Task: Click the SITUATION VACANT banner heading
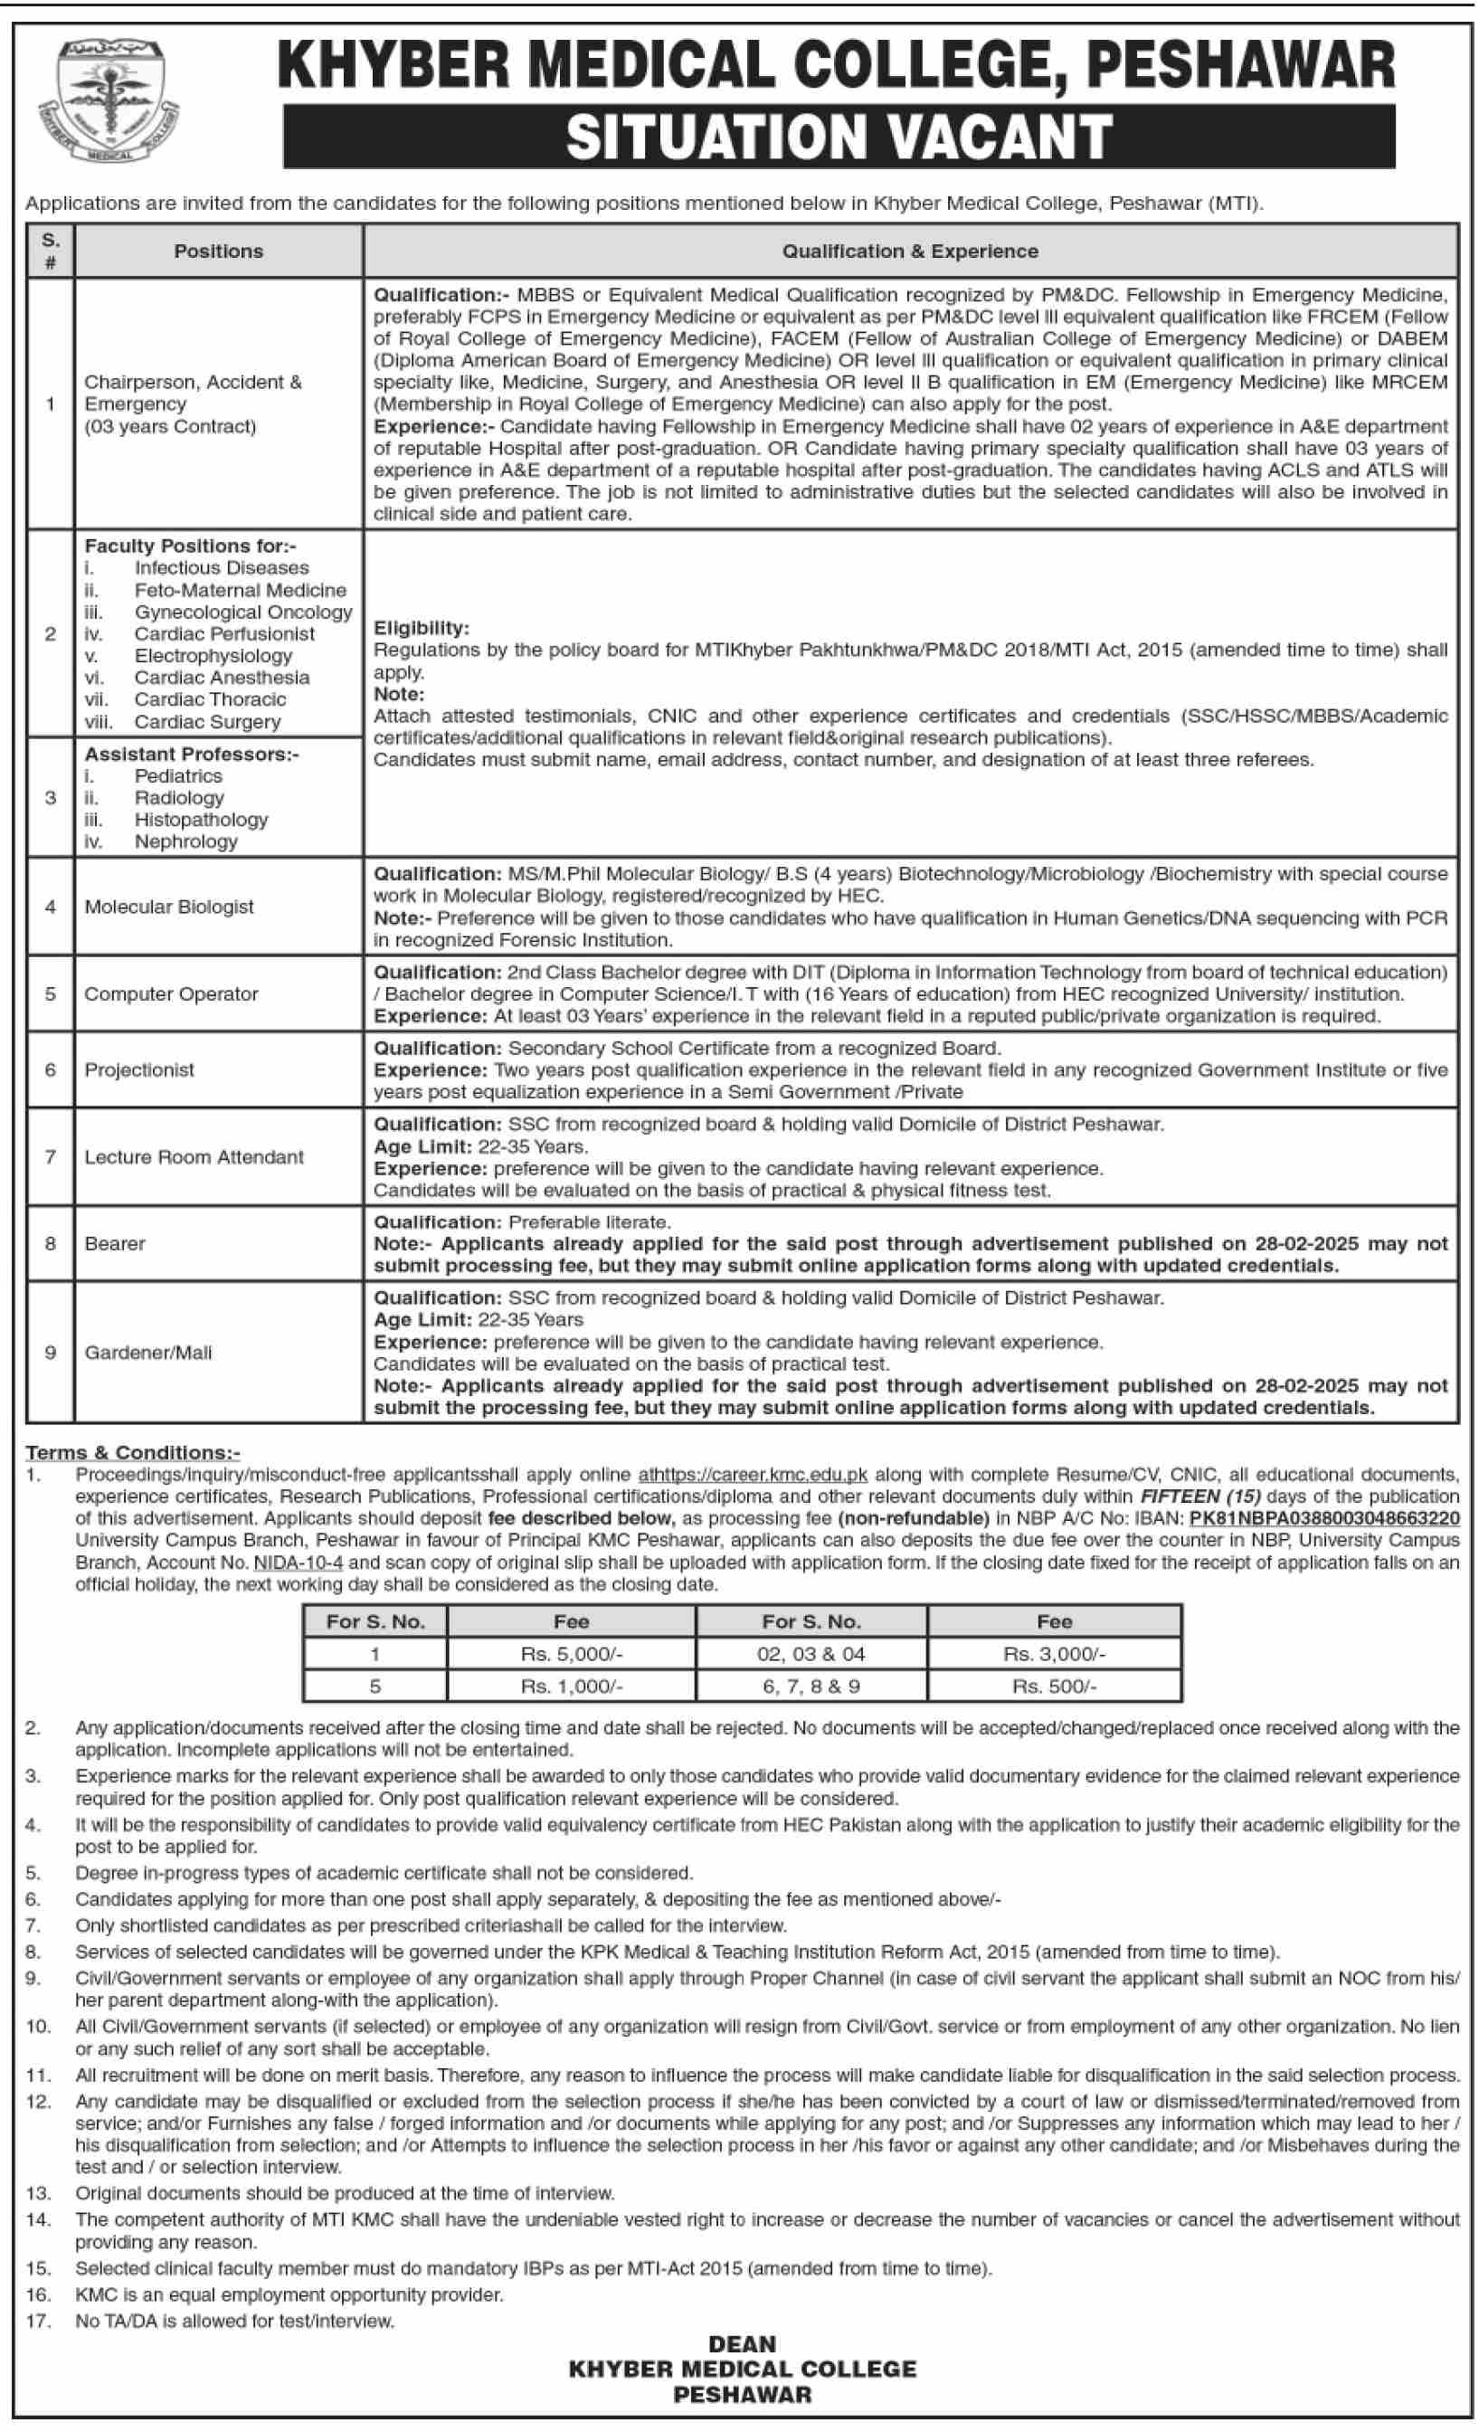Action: [839, 137]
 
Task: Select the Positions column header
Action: [218, 252]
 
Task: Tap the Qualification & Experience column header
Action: [910, 252]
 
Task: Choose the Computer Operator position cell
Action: [171, 994]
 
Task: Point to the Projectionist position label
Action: [139, 1070]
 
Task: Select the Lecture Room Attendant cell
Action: [194, 1157]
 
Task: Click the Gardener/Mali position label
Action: [148, 1353]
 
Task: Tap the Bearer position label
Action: [115, 1244]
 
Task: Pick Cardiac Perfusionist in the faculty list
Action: [224, 633]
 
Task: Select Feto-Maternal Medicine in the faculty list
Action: [240, 590]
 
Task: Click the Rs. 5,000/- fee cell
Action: [572, 1653]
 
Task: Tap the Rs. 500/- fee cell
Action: [1054, 1686]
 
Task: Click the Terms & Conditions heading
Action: [133, 1452]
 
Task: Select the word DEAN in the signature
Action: [742, 2344]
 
